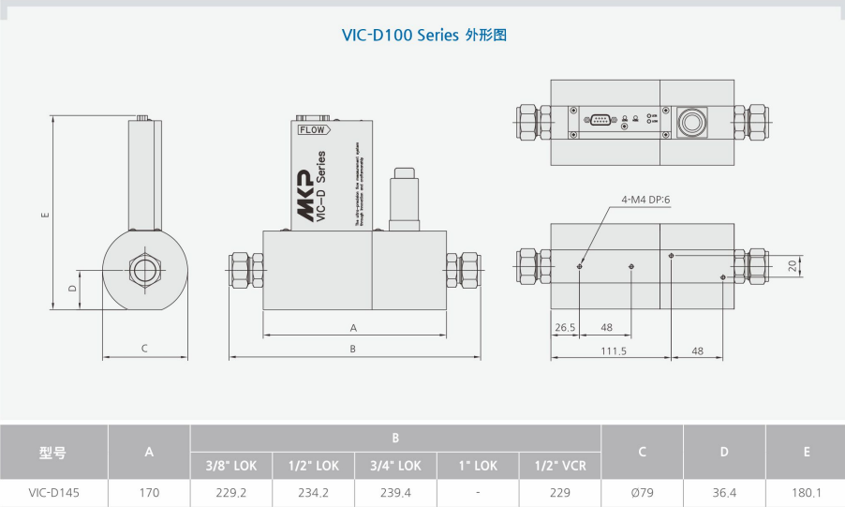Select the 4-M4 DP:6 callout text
[x=646, y=200]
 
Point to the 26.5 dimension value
[x=564, y=327]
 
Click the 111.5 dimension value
[x=613, y=350]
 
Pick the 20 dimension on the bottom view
[x=793, y=265]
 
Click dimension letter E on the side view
[x=45, y=215]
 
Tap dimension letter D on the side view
[x=72, y=289]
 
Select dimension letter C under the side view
[x=144, y=349]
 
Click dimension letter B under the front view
[x=353, y=349]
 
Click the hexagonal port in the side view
[x=144, y=270]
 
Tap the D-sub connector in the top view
[x=599, y=119]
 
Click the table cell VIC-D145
[x=54, y=492]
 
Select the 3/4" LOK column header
[x=395, y=466]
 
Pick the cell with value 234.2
[x=313, y=492]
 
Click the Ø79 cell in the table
[x=642, y=492]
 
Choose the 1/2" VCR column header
[x=560, y=466]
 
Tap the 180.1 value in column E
[x=806, y=492]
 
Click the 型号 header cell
[x=53, y=453]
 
